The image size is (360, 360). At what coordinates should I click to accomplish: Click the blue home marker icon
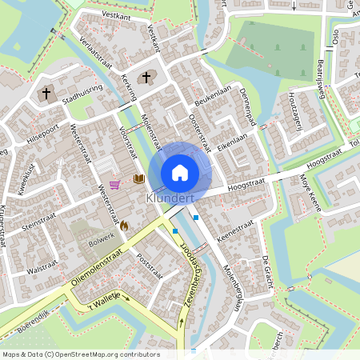click(180, 172)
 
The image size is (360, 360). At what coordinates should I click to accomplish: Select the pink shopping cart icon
click(115, 184)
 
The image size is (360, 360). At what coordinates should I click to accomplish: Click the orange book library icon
click(139, 179)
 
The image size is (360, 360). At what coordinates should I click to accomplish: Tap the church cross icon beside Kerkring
click(146, 78)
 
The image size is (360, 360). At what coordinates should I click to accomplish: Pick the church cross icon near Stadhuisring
click(46, 94)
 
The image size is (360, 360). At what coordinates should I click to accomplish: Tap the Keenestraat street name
click(235, 230)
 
